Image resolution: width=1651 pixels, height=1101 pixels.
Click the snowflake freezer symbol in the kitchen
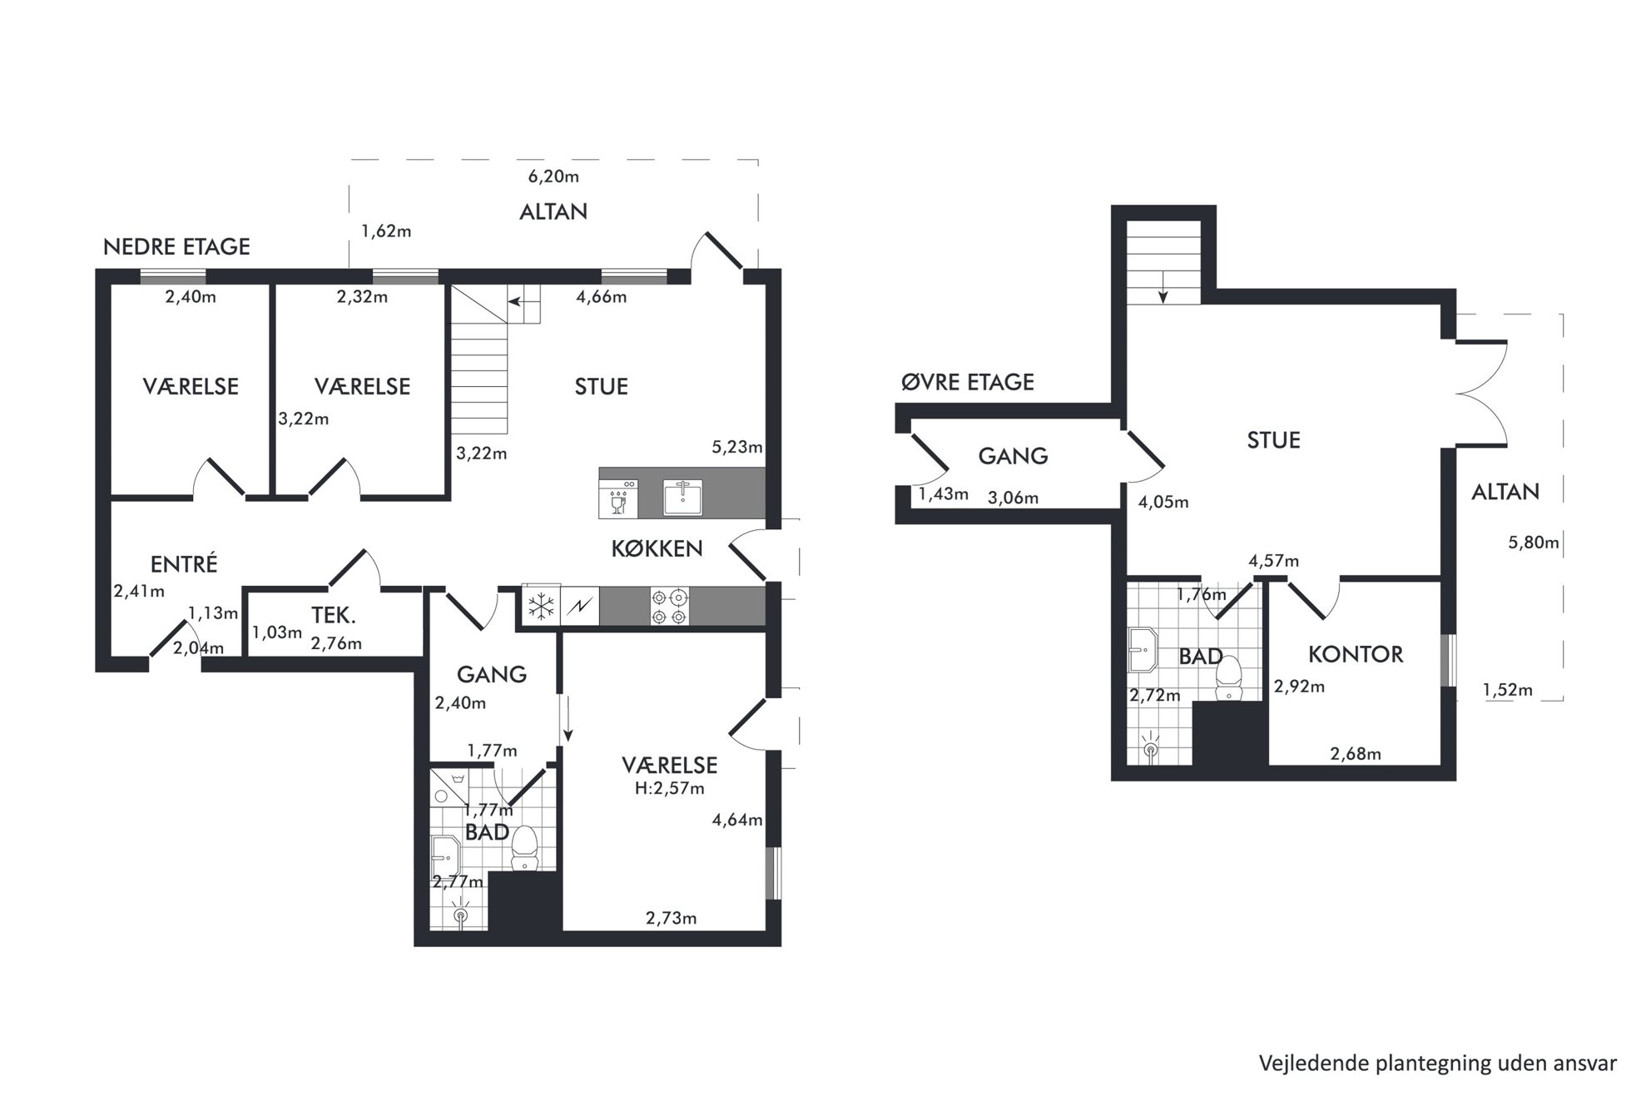[542, 606]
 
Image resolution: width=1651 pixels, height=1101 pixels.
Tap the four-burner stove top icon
[670, 606]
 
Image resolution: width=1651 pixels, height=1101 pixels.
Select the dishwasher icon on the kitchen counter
[617, 497]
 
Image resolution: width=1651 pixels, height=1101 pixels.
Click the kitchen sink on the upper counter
[683, 497]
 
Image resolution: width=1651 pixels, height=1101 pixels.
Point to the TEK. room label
[334, 616]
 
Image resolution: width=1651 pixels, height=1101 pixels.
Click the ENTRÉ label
[184, 563]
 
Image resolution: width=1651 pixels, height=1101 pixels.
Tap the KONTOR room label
[1356, 654]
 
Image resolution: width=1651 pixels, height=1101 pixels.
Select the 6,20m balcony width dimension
[553, 176]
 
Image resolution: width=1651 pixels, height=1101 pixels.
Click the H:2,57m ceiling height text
[669, 788]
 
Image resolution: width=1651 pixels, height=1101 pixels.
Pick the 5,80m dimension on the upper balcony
[1534, 543]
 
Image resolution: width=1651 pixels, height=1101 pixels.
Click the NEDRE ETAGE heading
[176, 246]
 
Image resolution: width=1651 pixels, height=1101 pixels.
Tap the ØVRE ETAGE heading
[968, 382]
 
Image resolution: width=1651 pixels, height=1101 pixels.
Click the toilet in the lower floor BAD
[523, 848]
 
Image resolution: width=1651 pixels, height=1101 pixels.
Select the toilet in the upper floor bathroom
[1228, 679]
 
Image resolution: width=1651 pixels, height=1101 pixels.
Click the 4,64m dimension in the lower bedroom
[737, 820]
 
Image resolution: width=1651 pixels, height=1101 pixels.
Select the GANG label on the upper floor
[1013, 456]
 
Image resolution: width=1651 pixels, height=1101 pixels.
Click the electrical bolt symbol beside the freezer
[579, 606]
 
